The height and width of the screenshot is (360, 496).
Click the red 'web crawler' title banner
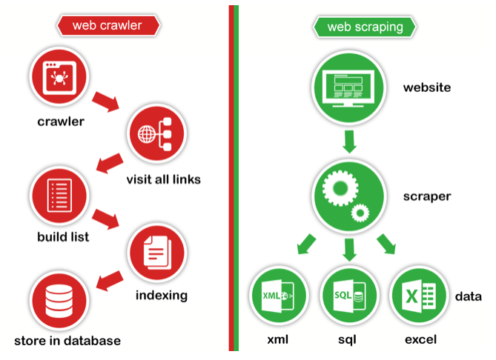pyautogui.click(x=107, y=26)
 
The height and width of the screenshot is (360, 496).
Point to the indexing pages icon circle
pyautogui.click(x=156, y=250)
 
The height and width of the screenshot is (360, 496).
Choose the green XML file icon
pyautogui.click(x=278, y=297)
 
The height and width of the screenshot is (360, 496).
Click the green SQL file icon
pyautogui.click(x=348, y=297)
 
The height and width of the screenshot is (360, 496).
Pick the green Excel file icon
pyautogui.click(x=418, y=297)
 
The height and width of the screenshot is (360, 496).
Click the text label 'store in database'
pyautogui.click(x=67, y=341)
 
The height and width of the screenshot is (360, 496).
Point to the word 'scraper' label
pyautogui.click(x=427, y=198)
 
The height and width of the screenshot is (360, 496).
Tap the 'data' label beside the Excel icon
pyautogui.click(x=466, y=296)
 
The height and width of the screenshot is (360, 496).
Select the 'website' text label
pyautogui.click(x=426, y=88)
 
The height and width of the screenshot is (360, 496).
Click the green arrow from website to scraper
pyautogui.click(x=349, y=141)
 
